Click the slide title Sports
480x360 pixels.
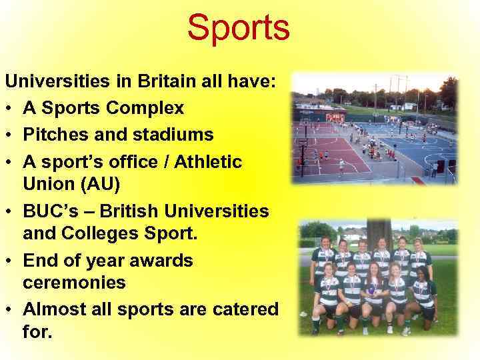pos(238,28)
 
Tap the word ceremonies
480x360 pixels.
pos(74,282)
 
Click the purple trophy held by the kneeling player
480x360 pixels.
pos(371,291)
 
